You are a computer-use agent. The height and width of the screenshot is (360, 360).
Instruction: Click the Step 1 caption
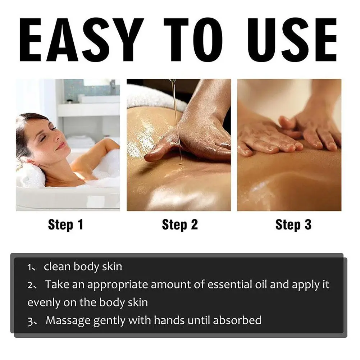[x=65, y=225]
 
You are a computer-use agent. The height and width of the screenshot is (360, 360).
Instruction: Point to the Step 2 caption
[x=180, y=225]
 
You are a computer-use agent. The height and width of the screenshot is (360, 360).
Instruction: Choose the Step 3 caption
[x=293, y=225]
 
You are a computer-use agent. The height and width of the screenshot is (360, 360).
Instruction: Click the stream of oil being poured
[x=175, y=119]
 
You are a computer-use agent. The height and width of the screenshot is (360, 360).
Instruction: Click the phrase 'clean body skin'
[x=83, y=267]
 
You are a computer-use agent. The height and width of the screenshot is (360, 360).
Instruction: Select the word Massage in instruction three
[x=68, y=320]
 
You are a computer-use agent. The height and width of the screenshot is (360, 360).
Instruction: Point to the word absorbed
[x=237, y=320]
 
